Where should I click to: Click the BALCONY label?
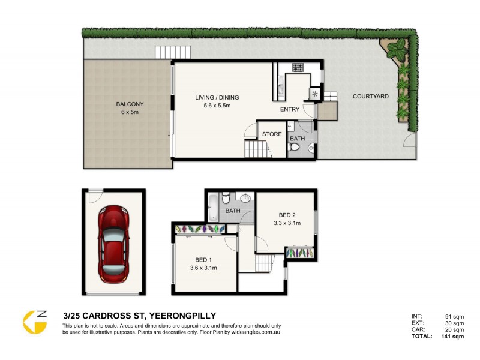pyautogui.click(x=130, y=104)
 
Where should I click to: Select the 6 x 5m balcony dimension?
pyautogui.click(x=130, y=112)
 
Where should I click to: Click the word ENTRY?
pyautogui.click(x=290, y=110)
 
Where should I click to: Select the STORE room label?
pyautogui.click(x=272, y=134)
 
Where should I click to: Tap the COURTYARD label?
pyautogui.click(x=370, y=96)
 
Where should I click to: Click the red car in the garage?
pyautogui.click(x=113, y=243)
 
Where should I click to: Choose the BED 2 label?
pyautogui.click(x=287, y=215)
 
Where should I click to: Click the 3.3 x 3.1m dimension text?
pyautogui.click(x=287, y=223)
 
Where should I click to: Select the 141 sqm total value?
pyautogui.click(x=453, y=337)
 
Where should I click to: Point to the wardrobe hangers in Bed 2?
pyautogui.click(x=299, y=253)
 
